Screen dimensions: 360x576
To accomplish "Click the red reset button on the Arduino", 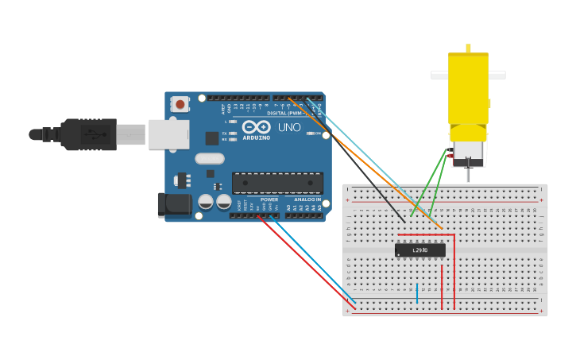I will coord(180,104).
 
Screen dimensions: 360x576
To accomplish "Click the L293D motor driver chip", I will coord(419,250).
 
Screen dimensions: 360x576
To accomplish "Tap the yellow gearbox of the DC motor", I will coord(468,87).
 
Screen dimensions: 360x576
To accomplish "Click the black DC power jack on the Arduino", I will coord(174,204).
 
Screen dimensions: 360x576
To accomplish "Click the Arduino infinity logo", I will coord(256,127).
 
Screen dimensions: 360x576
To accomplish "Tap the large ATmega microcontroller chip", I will coord(277,183).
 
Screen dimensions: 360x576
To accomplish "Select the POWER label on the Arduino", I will coord(269,199).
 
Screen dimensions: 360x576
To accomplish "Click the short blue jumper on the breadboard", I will coord(416,292).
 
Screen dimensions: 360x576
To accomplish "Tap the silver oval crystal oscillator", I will coord(210,157).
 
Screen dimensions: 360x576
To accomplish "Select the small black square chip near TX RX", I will coord(212,137).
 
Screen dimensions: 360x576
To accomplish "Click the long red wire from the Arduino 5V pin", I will coord(310,262).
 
